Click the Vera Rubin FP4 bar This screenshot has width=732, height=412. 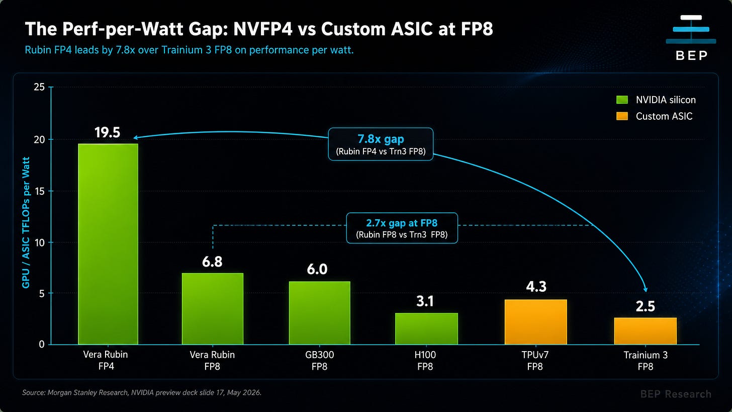[x=108, y=244]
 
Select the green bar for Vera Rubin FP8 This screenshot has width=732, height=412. [x=212, y=309]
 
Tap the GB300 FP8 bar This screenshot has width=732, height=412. [x=320, y=313]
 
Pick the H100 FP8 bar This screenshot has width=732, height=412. [x=426, y=328]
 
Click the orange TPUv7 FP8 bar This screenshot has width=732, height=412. [x=535, y=322]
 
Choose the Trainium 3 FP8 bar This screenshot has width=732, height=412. [x=646, y=331]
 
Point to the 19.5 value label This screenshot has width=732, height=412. [x=107, y=132]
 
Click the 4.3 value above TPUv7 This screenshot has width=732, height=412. [x=536, y=286]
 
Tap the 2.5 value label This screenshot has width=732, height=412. [x=646, y=306]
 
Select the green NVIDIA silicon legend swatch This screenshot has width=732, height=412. [x=622, y=100]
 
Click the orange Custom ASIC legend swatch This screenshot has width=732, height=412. [x=622, y=116]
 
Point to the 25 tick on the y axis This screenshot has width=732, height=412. [x=39, y=87]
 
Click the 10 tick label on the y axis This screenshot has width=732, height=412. [x=39, y=242]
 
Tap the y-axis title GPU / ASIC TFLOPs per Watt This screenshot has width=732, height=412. [x=26, y=222]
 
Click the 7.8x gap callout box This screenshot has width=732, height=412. [x=381, y=144]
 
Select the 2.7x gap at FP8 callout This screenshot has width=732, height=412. [x=402, y=228]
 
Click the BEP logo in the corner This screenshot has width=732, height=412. [x=691, y=38]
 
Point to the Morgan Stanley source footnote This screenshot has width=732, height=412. [x=142, y=392]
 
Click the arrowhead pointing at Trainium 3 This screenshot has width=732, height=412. [x=646, y=289]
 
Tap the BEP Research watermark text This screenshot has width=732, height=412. [x=676, y=394]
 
